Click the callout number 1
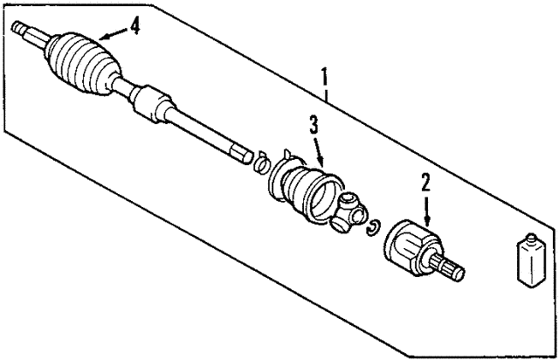pos(325,78)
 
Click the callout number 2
pos(426,183)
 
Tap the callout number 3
pos(314,125)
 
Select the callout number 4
pos(134,26)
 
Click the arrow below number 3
pos(320,152)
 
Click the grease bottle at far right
pos(530,260)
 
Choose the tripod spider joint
pos(349,212)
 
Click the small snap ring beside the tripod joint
pos(373,227)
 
